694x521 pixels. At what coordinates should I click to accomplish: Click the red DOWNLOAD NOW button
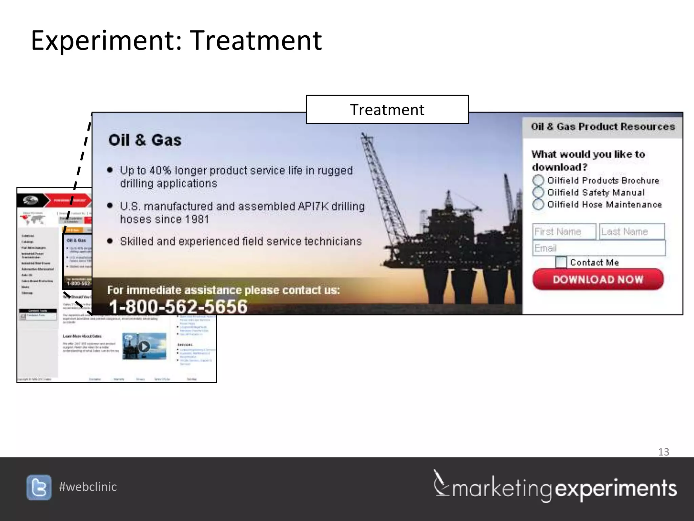tap(598, 279)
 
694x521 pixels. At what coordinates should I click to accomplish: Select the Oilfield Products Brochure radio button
tap(538, 180)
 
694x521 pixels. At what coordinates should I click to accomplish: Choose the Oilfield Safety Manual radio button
tap(538, 192)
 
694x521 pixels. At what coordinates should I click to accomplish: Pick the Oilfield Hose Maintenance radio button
tap(538, 204)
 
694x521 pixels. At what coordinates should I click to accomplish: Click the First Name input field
tap(564, 232)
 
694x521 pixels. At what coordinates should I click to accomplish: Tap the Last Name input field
tap(632, 232)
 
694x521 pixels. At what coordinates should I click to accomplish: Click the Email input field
tap(599, 248)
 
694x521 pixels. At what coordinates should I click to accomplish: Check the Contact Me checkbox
tap(561, 262)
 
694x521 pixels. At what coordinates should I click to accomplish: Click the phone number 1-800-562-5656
tap(178, 306)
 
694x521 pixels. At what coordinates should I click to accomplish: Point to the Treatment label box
tap(387, 110)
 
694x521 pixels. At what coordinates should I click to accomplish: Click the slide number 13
tap(664, 452)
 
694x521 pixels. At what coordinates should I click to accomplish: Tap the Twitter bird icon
tap(39, 487)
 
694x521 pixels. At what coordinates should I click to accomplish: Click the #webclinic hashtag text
tap(88, 487)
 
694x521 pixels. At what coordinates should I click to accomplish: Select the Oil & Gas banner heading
tap(145, 140)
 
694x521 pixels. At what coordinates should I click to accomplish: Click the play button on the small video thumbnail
tap(144, 346)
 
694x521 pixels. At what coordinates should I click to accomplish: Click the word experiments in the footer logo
tap(616, 489)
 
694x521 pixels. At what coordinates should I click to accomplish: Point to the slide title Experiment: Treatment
tap(176, 41)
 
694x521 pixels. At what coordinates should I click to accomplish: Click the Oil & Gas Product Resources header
tap(603, 127)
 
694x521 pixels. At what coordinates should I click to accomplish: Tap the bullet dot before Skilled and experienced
tap(110, 241)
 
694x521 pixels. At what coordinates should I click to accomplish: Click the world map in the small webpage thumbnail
tap(33, 219)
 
